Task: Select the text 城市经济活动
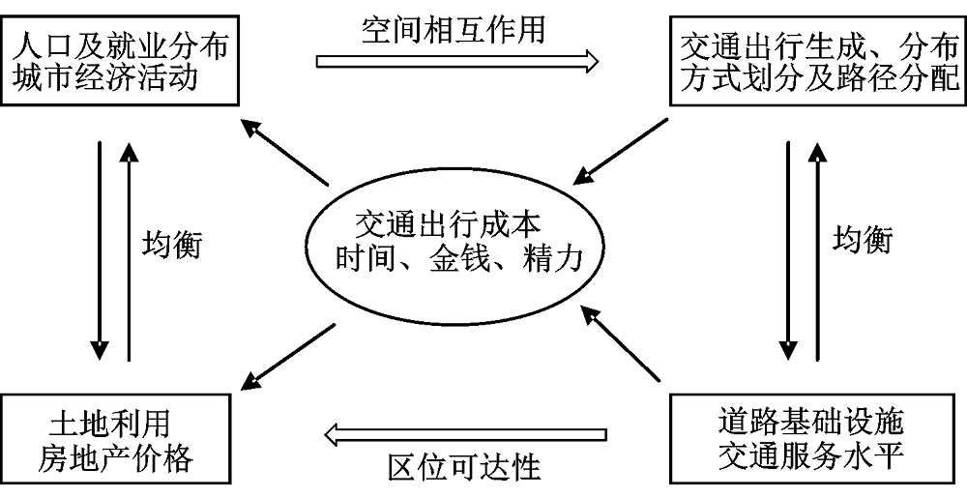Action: click(x=106, y=76)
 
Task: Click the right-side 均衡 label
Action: click(x=862, y=240)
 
